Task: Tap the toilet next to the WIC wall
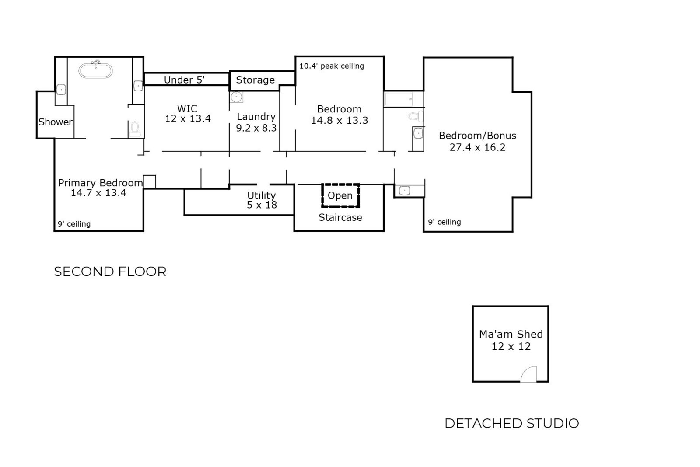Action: [x=135, y=128]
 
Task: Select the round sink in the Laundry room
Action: [x=236, y=97]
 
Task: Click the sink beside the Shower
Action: [x=61, y=90]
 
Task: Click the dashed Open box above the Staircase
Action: [x=340, y=195]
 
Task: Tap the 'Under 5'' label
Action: [x=184, y=80]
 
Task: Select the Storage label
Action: [x=255, y=80]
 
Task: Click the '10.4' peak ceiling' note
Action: [x=332, y=66]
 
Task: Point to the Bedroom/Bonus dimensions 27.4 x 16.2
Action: [x=477, y=147]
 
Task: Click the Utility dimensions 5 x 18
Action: [x=262, y=205]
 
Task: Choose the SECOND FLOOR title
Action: [x=110, y=272]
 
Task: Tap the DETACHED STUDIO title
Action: [x=511, y=423]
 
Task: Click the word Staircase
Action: [x=340, y=217]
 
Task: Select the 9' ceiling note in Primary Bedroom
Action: [x=74, y=224]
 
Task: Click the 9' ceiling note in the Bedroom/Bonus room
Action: [x=444, y=222]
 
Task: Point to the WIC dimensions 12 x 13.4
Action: [x=188, y=118]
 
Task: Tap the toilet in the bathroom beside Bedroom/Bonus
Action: [x=414, y=116]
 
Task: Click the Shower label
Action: [x=56, y=122]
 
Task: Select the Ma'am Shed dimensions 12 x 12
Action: [x=511, y=347]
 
